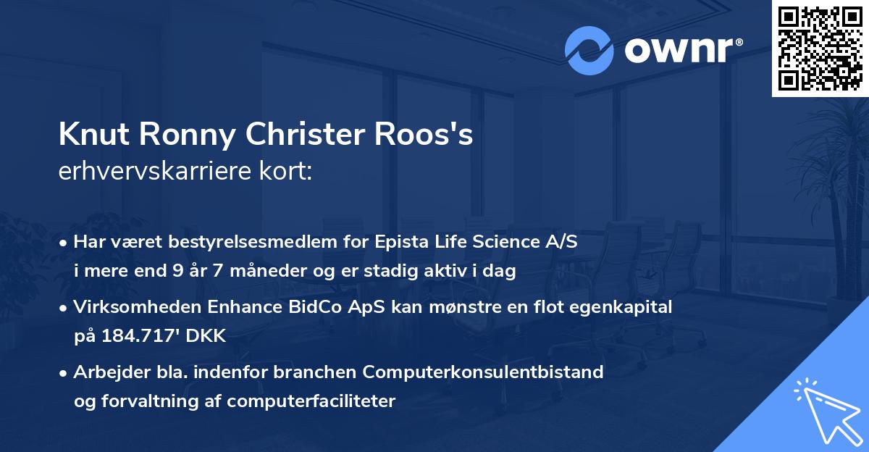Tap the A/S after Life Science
tap(563, 243)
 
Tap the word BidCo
tap(307, 307)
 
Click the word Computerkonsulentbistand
tap(483, 372)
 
